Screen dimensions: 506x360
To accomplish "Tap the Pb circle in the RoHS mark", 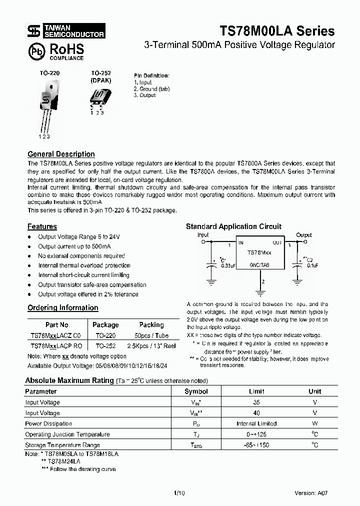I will (35, 51).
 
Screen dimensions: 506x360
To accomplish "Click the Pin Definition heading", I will (151, 75).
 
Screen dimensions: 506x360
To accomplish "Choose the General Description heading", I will (61, 154).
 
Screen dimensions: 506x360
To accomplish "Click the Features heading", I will (42, 226).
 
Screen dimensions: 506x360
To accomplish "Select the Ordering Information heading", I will (62, 307).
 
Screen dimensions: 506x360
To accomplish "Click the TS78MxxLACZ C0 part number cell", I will (58, 335).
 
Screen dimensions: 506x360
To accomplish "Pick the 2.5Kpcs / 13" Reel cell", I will (151, 345).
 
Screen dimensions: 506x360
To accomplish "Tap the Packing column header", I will (151, 324).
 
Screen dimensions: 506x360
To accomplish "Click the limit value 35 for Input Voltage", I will (256, 402).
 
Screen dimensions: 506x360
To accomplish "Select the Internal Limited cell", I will (256, 423).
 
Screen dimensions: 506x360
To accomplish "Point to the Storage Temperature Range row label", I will (62, 444).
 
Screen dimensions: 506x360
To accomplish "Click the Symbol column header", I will (196, 391).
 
